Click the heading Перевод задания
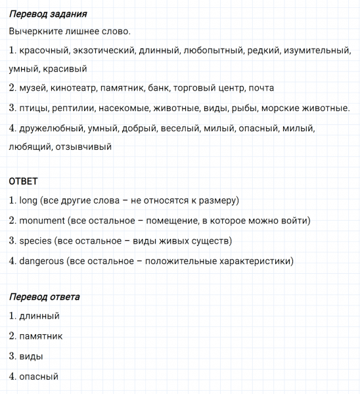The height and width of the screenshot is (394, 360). tap(49, 13)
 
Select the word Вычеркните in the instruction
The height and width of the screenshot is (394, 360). tap(37, 32)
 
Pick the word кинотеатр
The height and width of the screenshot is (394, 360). tap(74, 87)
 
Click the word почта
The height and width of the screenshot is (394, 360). tap(262, 87)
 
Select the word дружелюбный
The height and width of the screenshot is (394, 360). tap(51, 128)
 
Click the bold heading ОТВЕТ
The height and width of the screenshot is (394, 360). tap(24, 181)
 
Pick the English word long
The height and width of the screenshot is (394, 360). tap(28, 200)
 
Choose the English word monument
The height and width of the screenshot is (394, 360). tap(41, 221)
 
